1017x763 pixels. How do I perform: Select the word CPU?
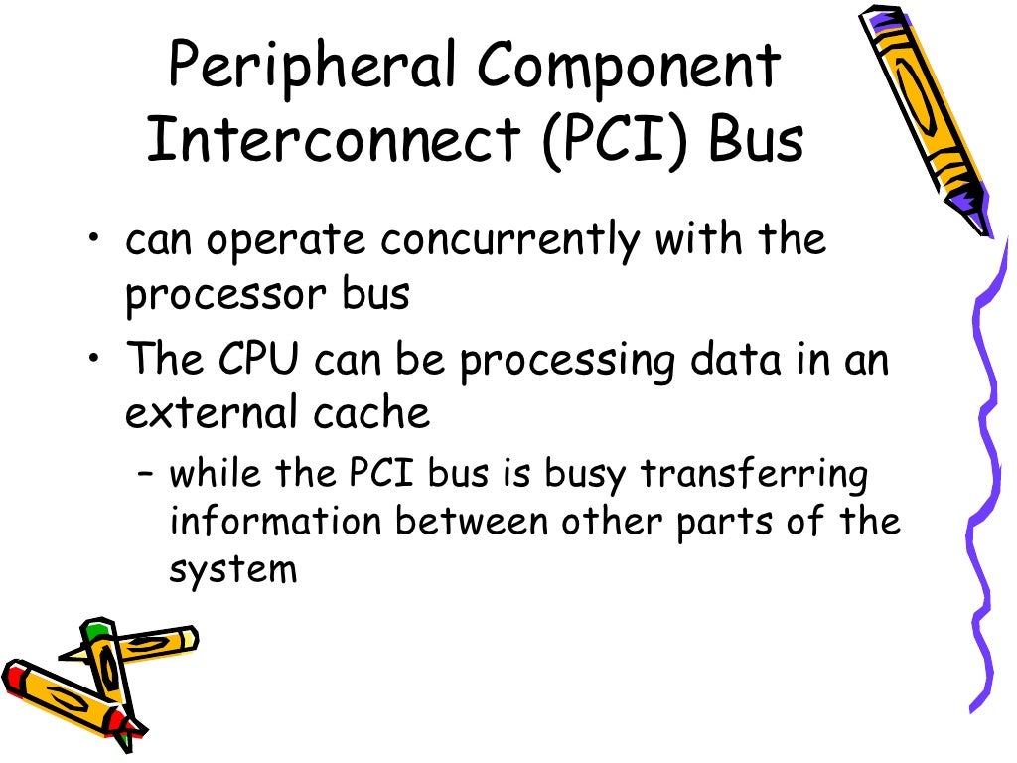(x=258, y=360)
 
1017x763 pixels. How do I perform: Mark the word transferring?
(x=755, y=474)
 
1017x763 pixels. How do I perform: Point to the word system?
(x=232, y=570)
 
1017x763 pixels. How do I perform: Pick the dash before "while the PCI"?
(x=147, y=475)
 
